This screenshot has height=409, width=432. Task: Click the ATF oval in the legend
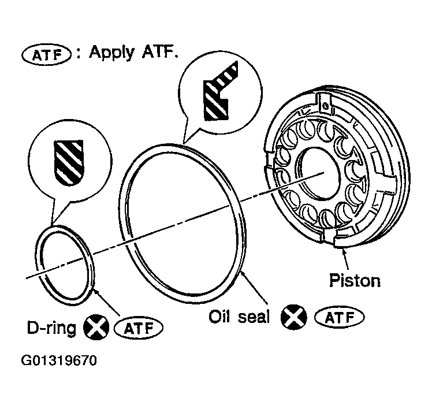[x=46, y=55]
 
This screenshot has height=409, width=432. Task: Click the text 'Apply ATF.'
[x=133, y=53]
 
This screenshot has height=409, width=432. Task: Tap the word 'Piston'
[x=355, y=281]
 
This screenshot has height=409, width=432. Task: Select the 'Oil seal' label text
[x=239, y=317]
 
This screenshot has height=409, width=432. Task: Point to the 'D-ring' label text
[x=51, y=328]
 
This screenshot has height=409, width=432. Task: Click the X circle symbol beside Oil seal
[x=294, y=317]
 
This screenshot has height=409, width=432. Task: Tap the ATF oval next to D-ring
[x=138, y=328]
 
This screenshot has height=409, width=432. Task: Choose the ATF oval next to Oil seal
[x=339, y=318]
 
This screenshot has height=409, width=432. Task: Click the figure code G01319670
[x=59, y=360]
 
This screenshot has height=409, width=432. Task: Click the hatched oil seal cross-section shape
[x=221, y=91]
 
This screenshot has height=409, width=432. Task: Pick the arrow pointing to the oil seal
[x=254, y=287]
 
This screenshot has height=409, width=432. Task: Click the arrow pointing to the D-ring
[x=107, y=302]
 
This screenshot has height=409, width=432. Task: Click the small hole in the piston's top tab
[x=325, y=105]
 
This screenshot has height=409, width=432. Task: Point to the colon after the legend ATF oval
[x=79, y=54]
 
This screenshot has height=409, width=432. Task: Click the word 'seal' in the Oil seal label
[x=254, y=317]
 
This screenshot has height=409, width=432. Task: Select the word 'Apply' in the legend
[x=112, y=53]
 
